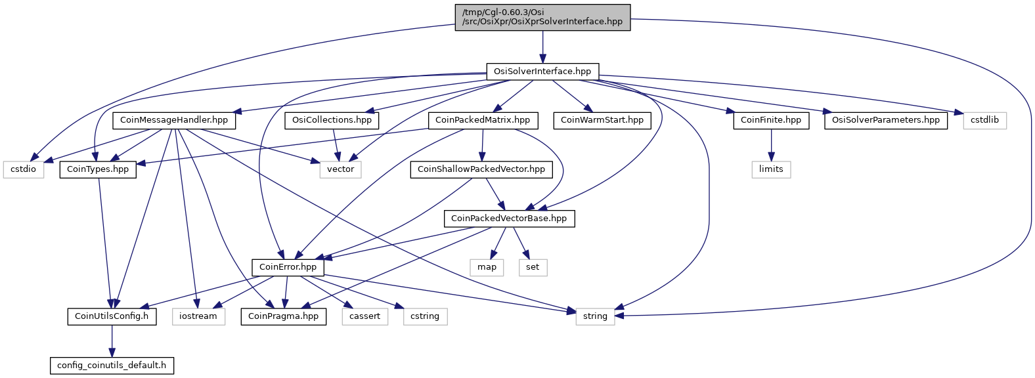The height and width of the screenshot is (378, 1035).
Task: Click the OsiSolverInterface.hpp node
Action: pos(542,72)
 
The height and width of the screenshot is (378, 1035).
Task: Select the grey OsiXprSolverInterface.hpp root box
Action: pos(542,18)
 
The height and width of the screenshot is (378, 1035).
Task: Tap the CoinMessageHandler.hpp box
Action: pos(174,121)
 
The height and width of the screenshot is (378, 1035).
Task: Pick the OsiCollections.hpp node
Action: pos(332,121)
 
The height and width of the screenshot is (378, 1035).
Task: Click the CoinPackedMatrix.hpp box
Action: pos(483,121)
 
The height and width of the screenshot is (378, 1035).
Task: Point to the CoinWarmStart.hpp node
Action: pos(602,121)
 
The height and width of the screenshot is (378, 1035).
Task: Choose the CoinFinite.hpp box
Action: pos(771,121)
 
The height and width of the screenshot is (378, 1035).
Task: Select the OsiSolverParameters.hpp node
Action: pos(886,121)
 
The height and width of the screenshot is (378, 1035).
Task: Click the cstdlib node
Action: pos(984,121)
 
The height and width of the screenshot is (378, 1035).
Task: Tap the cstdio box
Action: pos(23,169)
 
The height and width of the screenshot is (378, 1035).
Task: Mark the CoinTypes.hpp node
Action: pos(97,169)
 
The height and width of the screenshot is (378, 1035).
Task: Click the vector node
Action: pos(341,169)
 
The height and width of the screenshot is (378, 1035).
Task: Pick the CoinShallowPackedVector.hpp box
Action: pos(481,169)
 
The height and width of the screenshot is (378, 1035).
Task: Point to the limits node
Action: pos(771,169)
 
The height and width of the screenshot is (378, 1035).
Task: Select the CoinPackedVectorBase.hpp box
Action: pos(509,219)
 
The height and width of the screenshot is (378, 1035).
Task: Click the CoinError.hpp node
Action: pos(288,267)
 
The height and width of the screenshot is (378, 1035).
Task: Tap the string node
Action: pos(595,316)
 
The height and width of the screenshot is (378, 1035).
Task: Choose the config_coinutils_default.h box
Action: pos(112,366)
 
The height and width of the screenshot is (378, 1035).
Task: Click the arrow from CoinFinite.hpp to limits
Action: pos(771,145)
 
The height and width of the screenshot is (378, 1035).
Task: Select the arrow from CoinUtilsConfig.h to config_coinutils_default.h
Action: pos(112,341)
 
